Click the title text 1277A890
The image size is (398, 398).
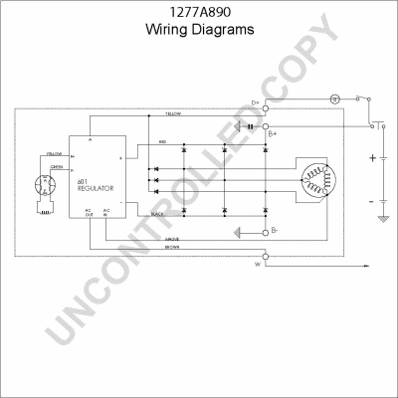click(199, 12)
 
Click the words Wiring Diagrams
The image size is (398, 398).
click(199, 29)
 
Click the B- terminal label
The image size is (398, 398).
click(275, 230)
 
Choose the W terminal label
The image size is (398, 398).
click(258, 267)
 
